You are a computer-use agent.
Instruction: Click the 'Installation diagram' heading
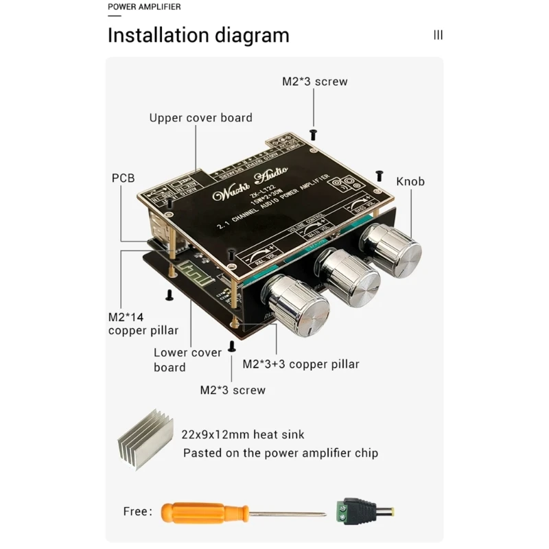(x=198, y=35)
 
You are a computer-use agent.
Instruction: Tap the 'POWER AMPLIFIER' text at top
(x=144, y=7)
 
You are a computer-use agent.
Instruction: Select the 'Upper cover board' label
(x=200, y=118)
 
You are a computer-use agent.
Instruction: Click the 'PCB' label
(x=124, y=178)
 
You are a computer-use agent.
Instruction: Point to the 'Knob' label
(x=410, y=182)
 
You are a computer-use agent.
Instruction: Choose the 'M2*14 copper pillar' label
(x=143, y=324)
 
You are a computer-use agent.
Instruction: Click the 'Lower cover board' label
(x=187, y=360)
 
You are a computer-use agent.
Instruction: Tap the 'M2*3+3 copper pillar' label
(x=301, y=364)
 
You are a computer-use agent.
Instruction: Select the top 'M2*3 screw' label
(x=314, y=82)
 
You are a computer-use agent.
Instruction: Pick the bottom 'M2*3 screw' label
(x=232, y=390)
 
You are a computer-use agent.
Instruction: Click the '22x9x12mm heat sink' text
(x=242, y=434)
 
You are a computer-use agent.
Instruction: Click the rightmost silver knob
(x=392, y=247)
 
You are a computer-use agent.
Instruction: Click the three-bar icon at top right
(x=438, y=35)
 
